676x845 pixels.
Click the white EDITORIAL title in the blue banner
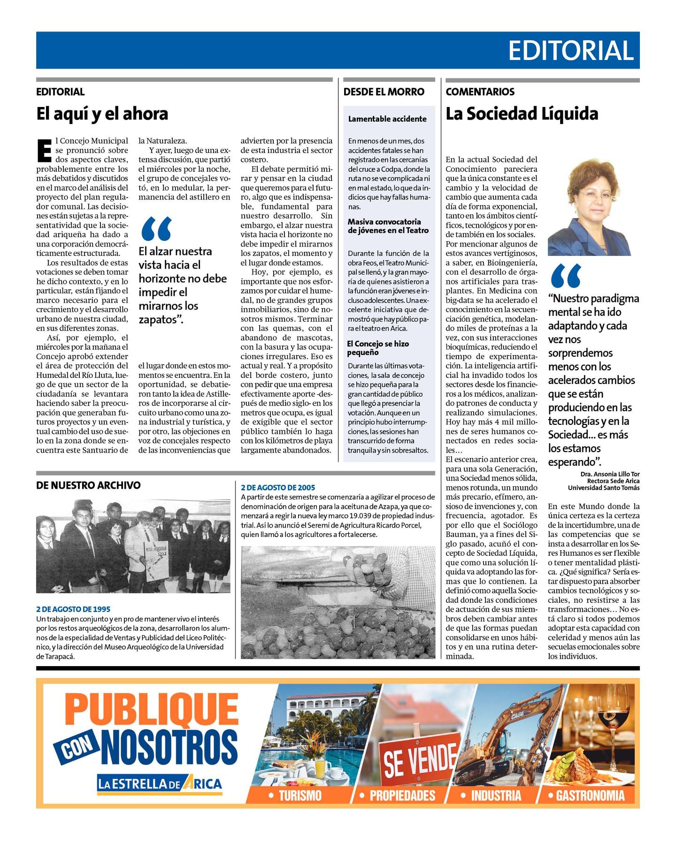(570, 51)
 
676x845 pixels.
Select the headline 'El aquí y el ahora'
(102, 114)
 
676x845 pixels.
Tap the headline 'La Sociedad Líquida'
(522, 114)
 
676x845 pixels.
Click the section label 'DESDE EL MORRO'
(384, 92)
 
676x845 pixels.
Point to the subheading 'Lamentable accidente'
(387, 119)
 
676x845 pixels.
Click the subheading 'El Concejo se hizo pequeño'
(378, 348)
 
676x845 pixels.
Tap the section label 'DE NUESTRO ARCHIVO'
(88, 485)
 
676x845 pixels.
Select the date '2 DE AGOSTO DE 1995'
(73, 609)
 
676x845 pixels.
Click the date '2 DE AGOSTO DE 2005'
(278, 487)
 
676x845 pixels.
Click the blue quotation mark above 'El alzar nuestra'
(156, 229)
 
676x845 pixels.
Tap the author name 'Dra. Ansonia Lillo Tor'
(610, 474)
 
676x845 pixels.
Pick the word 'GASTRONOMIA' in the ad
(590, 795)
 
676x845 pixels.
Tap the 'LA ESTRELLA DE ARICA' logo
(160, 784)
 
